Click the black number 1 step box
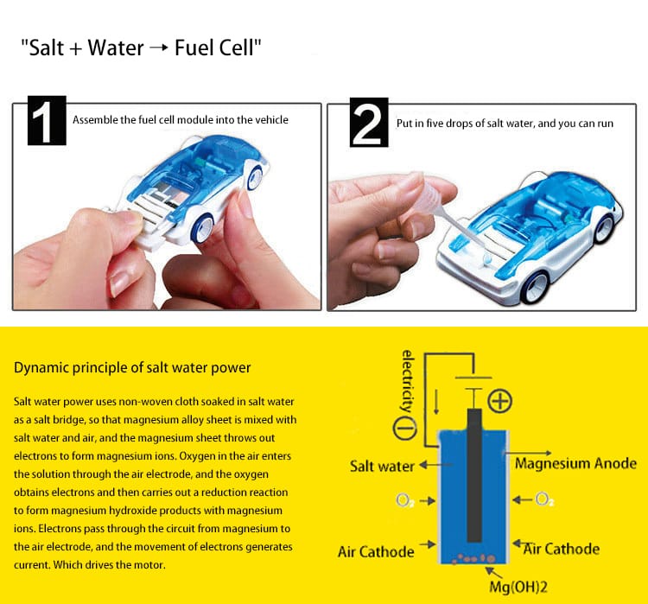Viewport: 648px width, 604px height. point(47,120)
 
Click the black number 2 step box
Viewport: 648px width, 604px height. point(369,123)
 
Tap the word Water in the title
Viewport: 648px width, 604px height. point(116,48)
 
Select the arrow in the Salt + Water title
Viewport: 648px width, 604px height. point(159,48)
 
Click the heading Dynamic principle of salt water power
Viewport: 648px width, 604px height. point(132,367)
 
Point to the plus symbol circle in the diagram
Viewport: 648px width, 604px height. point(500,401)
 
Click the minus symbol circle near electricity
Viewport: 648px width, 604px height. point(404,429)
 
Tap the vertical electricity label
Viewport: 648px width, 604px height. point(407,381)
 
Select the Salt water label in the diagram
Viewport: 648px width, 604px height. point(382,466)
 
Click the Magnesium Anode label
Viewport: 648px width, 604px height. point(575,463)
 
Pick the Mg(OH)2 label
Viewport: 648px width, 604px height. point(518,587)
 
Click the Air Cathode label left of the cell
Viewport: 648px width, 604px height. point(376,551)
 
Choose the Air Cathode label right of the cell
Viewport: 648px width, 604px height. point(562,549)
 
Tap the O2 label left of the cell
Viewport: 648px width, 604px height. point(405,500)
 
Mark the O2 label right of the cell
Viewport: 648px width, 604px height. point(544,499)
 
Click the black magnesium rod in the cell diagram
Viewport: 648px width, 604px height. point(474,475)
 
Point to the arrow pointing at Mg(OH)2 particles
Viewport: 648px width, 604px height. point(494,573)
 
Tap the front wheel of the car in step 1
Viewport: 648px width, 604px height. point(204,229)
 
